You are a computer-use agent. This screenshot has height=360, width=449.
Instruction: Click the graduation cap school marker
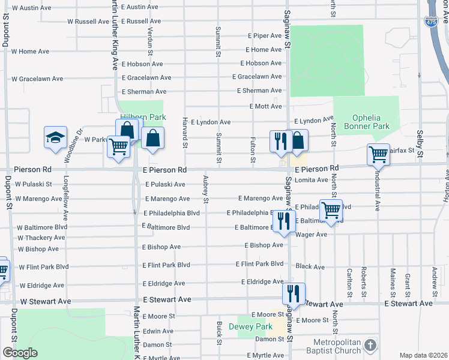click(55, 137)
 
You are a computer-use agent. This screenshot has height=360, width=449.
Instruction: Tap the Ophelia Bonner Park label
click(367, 122)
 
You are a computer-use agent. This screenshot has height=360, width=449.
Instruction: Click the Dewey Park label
click(251, 326)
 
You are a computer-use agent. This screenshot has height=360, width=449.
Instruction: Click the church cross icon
click(370, 345)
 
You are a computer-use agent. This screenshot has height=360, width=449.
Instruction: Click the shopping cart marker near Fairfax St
click(379, 154)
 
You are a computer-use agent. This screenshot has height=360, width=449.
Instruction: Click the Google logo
click(20, 353)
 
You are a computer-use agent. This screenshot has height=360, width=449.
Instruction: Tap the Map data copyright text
click(423, 355)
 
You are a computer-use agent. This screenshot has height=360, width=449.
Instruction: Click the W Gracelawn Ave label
click(37, 79)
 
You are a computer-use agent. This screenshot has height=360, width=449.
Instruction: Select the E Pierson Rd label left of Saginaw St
click(165, 170)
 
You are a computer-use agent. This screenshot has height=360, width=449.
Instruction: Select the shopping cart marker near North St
click(331, 210)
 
